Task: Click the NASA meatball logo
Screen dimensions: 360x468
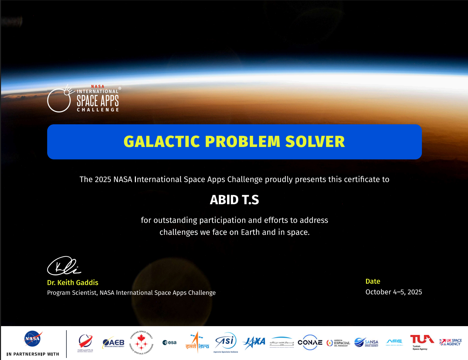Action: pos(33,338)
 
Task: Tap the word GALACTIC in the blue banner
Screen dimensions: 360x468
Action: pos(162,142)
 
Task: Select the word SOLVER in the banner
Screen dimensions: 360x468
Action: pos(315,142)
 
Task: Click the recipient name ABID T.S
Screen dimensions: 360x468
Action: pos(234,200)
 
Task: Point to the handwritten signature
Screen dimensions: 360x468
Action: pos(64,266)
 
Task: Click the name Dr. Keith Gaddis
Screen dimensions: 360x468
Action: pos(73,282)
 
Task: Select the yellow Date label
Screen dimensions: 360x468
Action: pos(373,281)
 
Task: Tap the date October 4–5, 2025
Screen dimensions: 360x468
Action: pos(393,292)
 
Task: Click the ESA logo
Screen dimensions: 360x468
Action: pos(169,342)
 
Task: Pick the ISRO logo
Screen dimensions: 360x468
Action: pos(197,342)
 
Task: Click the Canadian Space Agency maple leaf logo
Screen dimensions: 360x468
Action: pos(141,343)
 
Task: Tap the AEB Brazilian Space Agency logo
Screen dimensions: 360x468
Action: pos(114,343)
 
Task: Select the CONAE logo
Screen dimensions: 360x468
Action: pos(310,342)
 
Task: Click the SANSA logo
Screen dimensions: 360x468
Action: pos(366,342)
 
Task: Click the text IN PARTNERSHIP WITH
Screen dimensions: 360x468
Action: pos(33,354)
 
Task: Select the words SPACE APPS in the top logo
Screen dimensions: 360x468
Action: pos(98,101)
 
